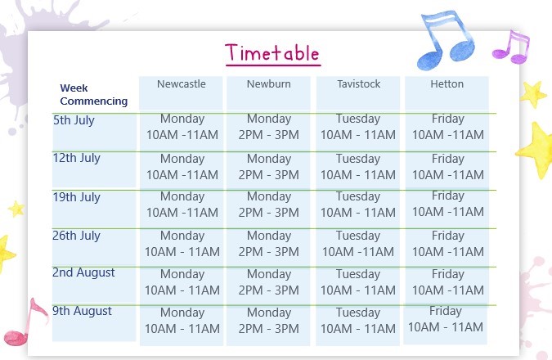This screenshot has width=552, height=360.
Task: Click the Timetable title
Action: (x=273, y=53)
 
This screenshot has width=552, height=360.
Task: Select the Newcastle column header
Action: (x=182, y=83)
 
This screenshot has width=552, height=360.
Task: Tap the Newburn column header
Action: (x=268, y=83)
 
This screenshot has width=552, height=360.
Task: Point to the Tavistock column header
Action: (x=359, y=83)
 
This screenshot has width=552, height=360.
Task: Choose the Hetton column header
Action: (x=447, y=83)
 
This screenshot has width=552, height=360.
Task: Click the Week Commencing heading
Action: (x=94, y=94)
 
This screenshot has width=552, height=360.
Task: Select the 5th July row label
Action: (x=74, y=120)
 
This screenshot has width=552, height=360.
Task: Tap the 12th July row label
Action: (x=76, y=158)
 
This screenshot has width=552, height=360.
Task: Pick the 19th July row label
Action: (x=76, y=197)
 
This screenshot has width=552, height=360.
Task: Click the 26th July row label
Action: (x=76, y=236)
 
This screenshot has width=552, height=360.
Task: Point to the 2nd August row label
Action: (x=83, y=272)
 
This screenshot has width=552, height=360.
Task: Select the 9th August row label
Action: (x=82, y=311)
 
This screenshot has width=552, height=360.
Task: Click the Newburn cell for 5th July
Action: (x=268, y=127)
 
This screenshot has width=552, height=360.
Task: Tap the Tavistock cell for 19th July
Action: (x=358, y=205)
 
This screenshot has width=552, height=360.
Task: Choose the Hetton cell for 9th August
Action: (x=446, y=319)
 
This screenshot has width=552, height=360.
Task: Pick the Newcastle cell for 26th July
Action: (x=182, y=244)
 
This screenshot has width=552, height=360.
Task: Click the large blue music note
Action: (x=446, y=40)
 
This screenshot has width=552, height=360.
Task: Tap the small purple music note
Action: (x=511, y=47)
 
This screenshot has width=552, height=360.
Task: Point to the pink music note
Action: (x=25, y=322)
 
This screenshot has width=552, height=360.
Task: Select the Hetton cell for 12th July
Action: (x=448, y=167)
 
